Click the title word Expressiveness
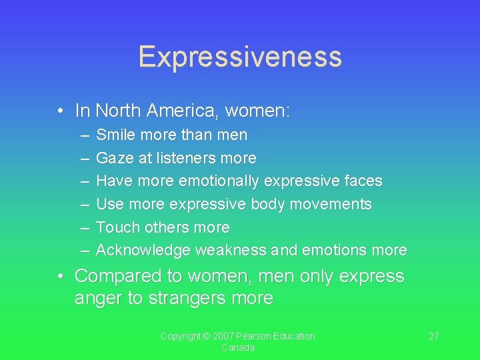[240, 57]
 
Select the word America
[189, 110]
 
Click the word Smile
[114, 135]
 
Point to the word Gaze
[115, 158]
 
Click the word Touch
[117, 227]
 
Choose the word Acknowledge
[143, 251]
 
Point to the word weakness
[230, 251]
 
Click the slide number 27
[433, 336]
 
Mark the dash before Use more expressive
[85, 204]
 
